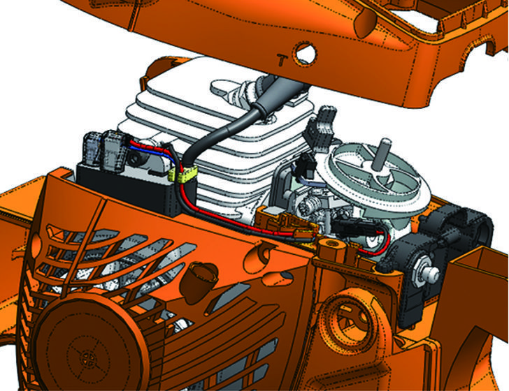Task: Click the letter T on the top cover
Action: [x=282, y=59]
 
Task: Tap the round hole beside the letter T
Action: [x=305, y=52]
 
